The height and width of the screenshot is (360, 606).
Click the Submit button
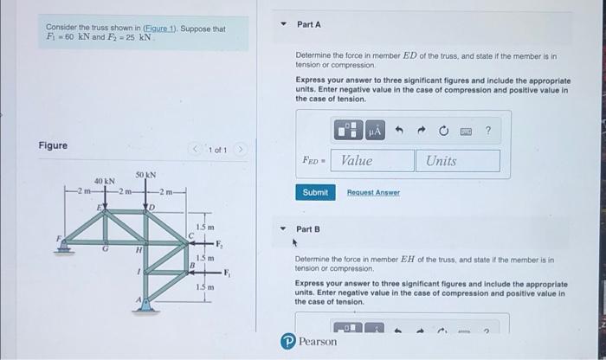(315, 192)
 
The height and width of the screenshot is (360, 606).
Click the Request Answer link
(373, 193)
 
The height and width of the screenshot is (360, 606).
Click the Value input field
(372, 161)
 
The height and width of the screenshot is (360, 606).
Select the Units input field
(459, 161)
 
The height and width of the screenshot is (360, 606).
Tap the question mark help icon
(488, 132)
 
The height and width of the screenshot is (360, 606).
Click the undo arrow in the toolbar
(401, 132)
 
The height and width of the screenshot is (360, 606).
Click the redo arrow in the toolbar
(422, 132)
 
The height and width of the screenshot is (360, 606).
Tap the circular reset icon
(444, 132)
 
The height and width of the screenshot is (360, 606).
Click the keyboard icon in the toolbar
(466, 132)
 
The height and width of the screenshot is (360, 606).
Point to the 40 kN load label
(105, 180)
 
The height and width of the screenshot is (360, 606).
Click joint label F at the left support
(60, 235)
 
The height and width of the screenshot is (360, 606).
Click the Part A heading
(310, 25)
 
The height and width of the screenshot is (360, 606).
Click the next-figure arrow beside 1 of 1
(242, 150)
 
